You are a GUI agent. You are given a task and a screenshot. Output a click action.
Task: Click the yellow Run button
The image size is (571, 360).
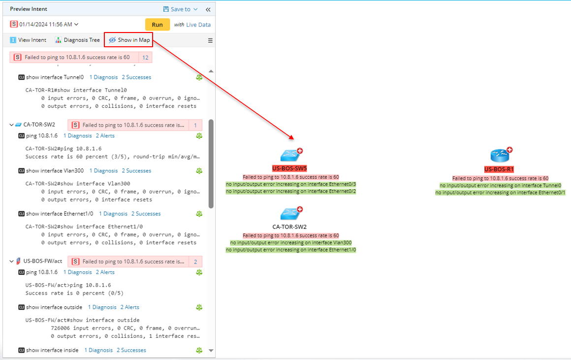[x=157, y=25]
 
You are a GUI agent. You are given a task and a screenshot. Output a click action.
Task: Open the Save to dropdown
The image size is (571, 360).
[x=180, y=9]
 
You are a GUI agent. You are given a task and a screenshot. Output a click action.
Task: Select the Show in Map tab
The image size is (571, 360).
[x=129, y=40]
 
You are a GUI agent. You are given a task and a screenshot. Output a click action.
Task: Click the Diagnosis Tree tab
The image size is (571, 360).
[x=77, y=40]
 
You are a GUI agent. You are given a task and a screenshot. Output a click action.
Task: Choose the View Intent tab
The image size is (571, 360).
[x=28, y=40]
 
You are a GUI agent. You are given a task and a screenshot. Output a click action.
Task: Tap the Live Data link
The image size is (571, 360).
[x=198, y=25]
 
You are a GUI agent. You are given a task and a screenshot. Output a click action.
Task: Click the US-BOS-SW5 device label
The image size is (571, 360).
[x=289, y=168]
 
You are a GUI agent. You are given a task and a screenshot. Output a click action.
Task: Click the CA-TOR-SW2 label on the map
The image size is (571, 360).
[x=289, y=227]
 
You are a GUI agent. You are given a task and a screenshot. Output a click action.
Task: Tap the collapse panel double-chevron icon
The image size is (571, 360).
[x=208, y=9]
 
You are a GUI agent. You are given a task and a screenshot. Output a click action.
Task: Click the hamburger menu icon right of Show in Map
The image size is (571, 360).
[x=210, y=40]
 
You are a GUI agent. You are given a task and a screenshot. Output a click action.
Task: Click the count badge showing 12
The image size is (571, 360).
[x=145, y=58]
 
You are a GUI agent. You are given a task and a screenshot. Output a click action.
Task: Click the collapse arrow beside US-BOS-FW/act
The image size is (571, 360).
[x=12, y=262]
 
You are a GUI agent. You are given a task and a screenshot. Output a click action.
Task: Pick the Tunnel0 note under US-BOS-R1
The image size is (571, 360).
[x=500, y=186]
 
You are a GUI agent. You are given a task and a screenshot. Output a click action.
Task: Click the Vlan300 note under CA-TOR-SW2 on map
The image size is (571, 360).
[x=291, y=243]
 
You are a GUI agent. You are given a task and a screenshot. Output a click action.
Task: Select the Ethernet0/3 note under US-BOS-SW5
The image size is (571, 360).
[x=291, y=184]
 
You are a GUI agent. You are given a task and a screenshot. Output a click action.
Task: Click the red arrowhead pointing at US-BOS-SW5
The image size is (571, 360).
[x=291, y=138]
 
